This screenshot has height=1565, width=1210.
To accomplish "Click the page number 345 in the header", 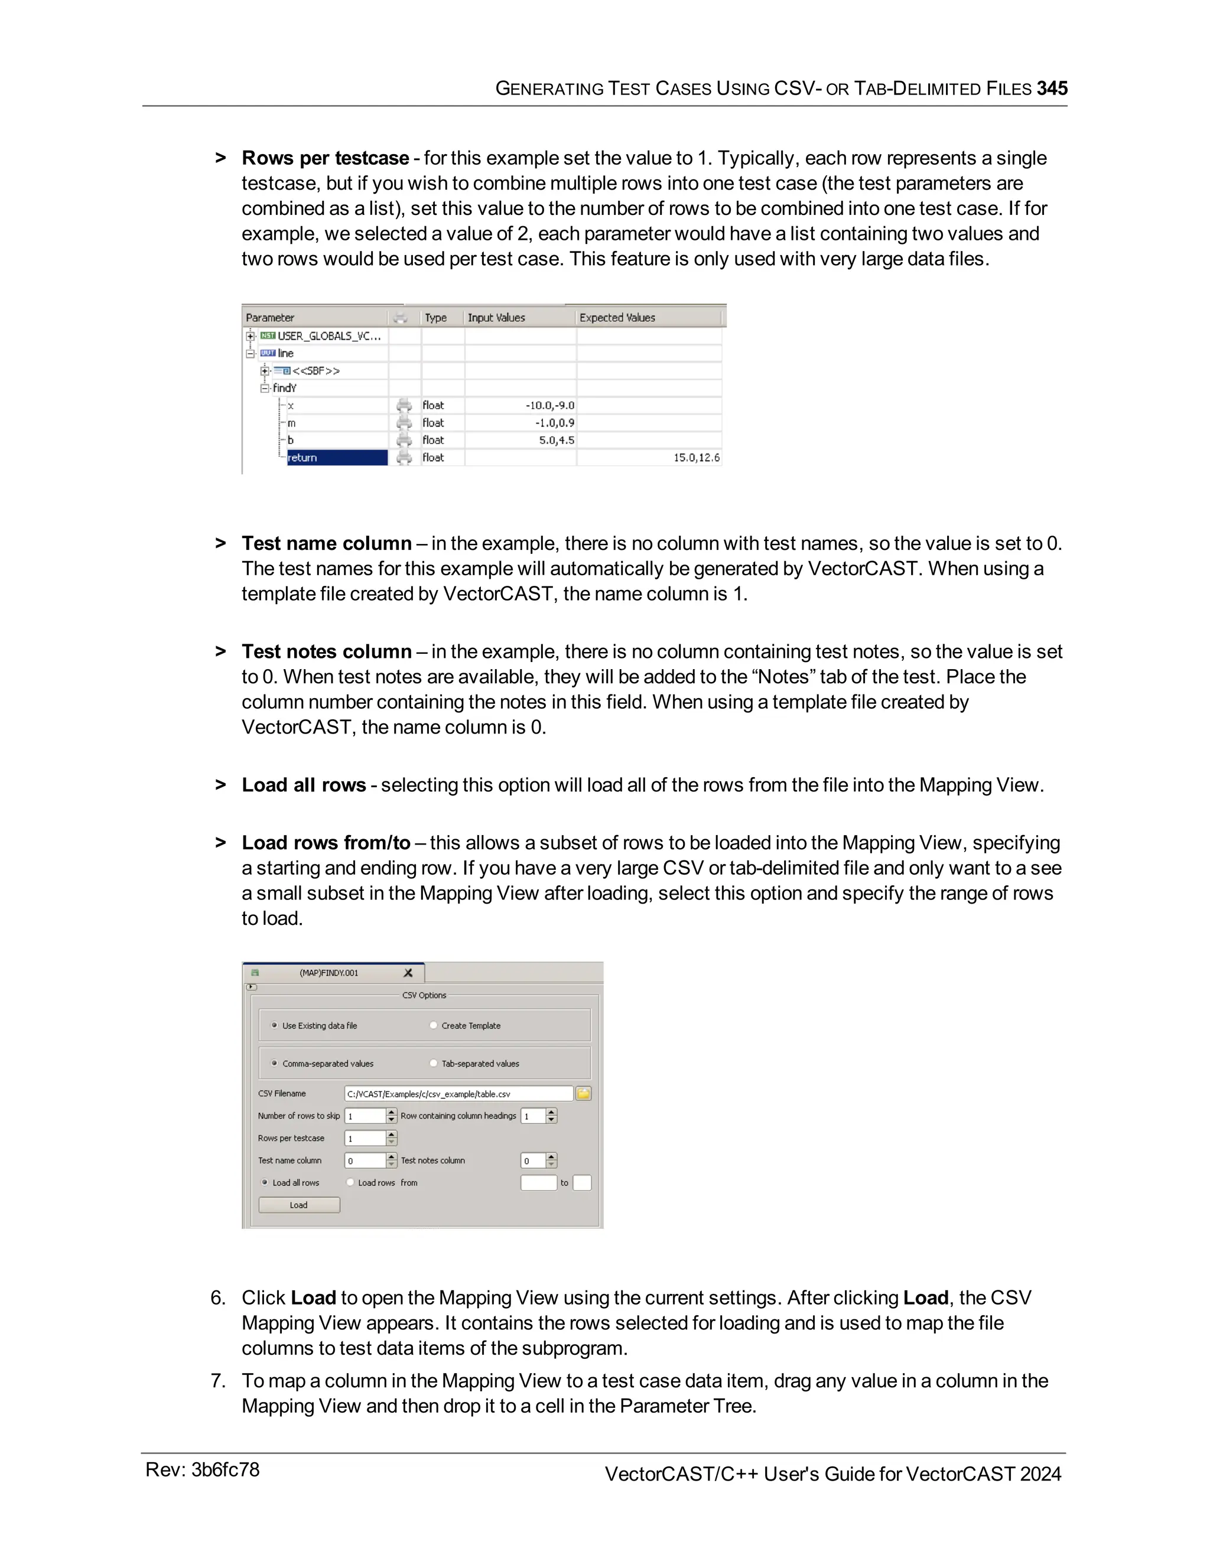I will [1052, 88].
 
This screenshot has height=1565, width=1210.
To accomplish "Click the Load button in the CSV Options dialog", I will [299, 1205].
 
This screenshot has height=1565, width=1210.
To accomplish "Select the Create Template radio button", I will [434, 1025].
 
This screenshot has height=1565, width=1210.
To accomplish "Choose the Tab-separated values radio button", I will [434, 1064].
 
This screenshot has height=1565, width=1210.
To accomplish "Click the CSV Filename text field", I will [458, 1094].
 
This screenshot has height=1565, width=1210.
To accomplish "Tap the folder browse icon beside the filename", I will [584, 1094].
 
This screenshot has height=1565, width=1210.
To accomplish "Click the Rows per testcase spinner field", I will [366, 1138].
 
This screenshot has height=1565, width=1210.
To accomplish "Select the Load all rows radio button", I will [265, 1182].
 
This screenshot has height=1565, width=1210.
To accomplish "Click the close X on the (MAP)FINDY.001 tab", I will [408, 973].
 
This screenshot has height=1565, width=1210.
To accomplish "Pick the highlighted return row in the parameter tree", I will [337, 457].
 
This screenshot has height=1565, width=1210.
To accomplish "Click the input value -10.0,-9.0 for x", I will [550, 406].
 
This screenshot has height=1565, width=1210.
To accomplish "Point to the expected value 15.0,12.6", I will [696, 457].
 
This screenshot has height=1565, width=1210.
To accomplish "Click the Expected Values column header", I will [617, 318].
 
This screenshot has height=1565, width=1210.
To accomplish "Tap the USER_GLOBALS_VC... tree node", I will [328, 335].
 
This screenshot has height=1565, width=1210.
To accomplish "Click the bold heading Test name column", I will [326, 543].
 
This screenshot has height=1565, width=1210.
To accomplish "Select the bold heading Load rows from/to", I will [326, 843].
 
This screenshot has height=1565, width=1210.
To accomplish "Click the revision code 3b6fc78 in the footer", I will [225, 1470].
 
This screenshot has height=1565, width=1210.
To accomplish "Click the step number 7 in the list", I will [218, 1380].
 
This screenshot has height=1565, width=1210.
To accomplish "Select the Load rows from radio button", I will [350, 1182].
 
